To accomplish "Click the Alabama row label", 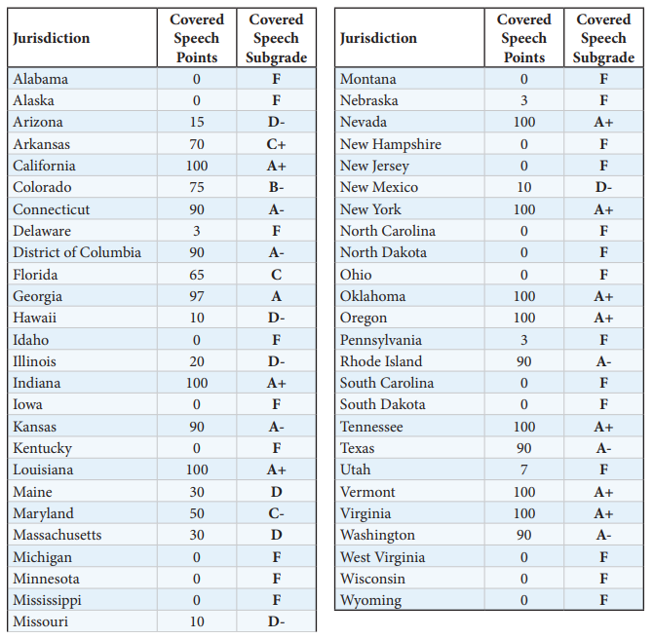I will coord(40,79).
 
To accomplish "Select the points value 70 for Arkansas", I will coord(197,144).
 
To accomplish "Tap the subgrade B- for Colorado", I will coord(276,187).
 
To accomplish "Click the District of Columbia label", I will coord(77,252).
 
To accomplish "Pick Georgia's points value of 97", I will coord(197,296).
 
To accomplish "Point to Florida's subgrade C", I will coord(276,275).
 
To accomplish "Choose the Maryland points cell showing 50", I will coord(197,513).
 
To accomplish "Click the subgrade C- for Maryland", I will coord(276,513).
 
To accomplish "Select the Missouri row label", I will coord(40,621).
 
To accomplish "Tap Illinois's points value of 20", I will coord(197,361).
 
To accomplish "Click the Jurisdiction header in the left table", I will coord(51,38).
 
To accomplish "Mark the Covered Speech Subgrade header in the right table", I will coord(603,38).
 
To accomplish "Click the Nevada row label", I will coord(363,122).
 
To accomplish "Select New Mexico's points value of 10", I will coord(523,187).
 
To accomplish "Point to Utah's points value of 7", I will coord(523,470).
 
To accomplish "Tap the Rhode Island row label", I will coord(381,361).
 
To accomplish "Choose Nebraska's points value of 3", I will coord(523,100).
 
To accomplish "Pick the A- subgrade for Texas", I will coord(603,448).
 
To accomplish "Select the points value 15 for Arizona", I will coord(197,122).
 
